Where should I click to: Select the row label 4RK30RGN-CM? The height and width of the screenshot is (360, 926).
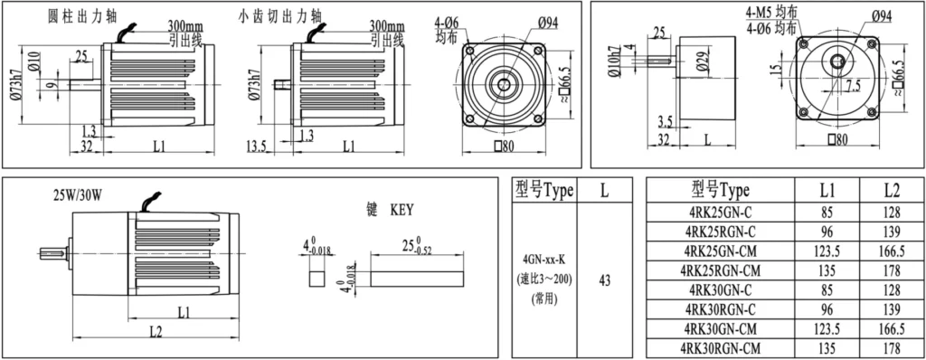720,347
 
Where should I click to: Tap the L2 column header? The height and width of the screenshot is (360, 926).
892,190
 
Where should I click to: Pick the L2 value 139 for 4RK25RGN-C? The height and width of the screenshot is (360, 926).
892,232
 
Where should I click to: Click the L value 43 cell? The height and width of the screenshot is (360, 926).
604,280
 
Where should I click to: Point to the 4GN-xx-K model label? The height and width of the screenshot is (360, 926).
543,259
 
